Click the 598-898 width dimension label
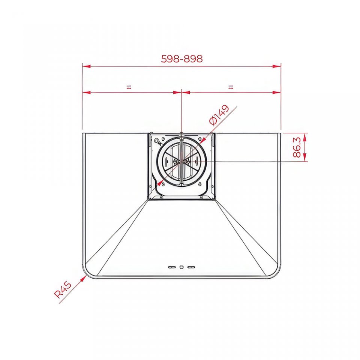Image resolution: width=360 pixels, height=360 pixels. click(x=182, y=59)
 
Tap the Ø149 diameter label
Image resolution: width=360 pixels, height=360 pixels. click(x=219, y=115)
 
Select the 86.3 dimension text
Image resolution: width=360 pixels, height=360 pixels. click(x=297, y=147)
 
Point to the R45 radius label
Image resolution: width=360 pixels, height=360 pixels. click(x=63, y=290)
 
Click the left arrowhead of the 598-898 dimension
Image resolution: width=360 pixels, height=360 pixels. click(x=86, y=66)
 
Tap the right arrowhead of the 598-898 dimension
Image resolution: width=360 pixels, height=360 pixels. click(x=277, y=66)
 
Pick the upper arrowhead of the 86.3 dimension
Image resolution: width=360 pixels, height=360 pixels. click(x=304, y=137)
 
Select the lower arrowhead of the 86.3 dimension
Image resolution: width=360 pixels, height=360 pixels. click(x=304, y=157)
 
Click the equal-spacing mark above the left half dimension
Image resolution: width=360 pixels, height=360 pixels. click(x=129, y=87)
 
